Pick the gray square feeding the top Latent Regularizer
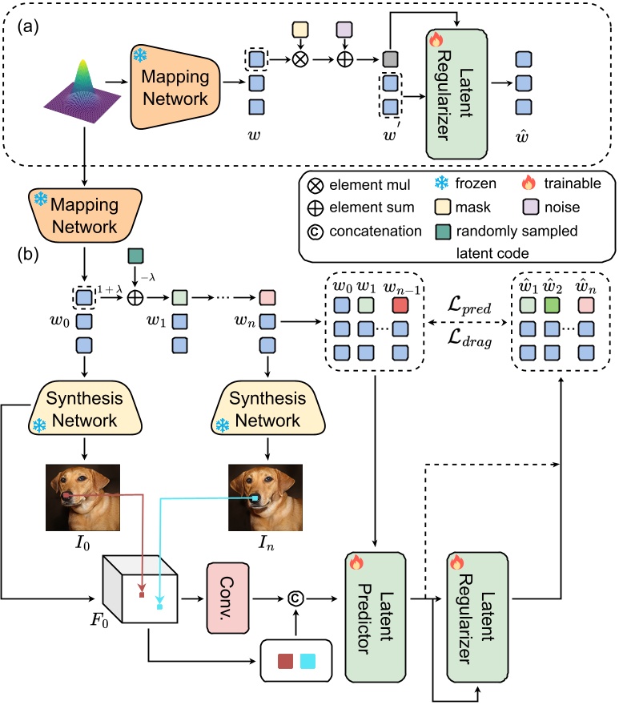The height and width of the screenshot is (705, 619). [x=391, y=58]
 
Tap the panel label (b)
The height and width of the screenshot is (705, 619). [x=26, y=259]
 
